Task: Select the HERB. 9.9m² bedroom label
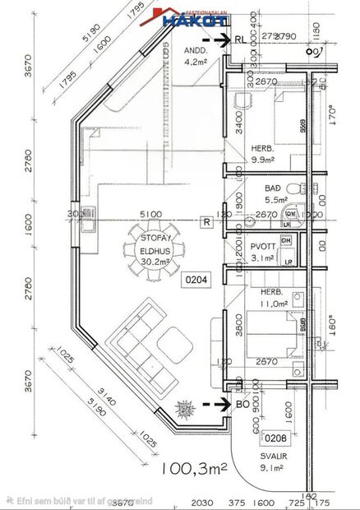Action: [x=265, y=155]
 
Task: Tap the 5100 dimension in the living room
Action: [x=150, y=214]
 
